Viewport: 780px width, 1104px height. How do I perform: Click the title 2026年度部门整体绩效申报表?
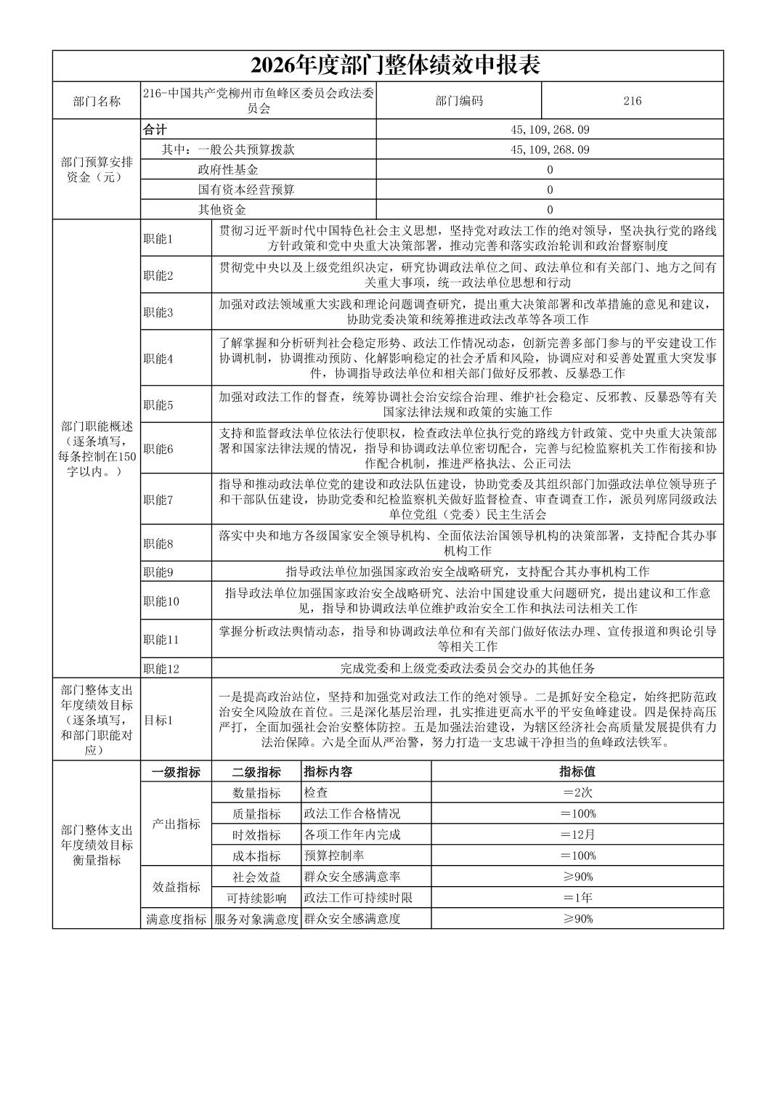click(x=395, y=66)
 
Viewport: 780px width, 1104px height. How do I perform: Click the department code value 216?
click(x=632, y=101)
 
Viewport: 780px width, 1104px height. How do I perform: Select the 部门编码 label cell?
click(x=458, y=101)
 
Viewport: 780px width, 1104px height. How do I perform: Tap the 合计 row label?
click(x=155, y=130)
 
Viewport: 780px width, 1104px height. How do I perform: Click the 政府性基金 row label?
click(x=228, y=170)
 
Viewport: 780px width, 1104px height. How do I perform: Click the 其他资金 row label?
click(x=222, y=210)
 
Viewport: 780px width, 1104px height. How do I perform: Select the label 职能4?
click(x=158, y=359)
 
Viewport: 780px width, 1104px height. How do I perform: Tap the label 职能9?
click(x=158, y=572)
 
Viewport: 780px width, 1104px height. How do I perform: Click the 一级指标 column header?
click(x=176, y=772)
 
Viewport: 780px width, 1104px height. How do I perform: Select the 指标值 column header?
click(x=577, y=772)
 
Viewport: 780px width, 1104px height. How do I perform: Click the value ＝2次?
click(x=577, y=792)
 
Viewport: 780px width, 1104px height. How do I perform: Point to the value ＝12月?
click(x=577, y=835)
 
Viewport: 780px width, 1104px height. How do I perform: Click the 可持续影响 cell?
click(x=256, y=898)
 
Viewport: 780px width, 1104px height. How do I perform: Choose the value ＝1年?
click(x=577, y=898)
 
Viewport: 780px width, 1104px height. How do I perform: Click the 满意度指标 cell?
click(x=176, y=919)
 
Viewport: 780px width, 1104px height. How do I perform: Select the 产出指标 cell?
click(x=176, y=824)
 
